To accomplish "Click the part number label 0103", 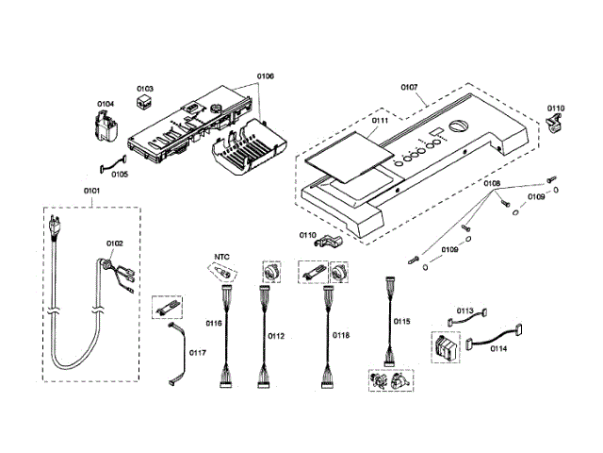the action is tap(145, 89).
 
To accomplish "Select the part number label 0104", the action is tap(106, 104).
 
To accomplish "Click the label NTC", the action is tap(221, 257).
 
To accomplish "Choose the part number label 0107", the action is tap(409, 88).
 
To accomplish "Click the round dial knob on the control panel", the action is tap(458, 126).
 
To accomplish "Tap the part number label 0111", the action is tap(380, 121).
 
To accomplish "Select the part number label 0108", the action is tap(492, 183).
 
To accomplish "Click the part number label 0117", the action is tap(197, 352).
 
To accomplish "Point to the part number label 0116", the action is tap(214, 323).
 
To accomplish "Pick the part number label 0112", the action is tap(276, 336).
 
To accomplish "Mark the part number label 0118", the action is tap(341, 336).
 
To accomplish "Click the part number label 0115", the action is tap(402, 321).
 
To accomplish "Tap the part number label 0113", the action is tap(464, 310).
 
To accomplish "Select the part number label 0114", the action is tap(498, 348).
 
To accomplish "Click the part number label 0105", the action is tap(120, 175).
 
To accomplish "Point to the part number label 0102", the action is tap(115, 243).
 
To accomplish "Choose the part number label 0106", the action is tap(266, 75).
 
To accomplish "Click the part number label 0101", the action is tap(91, 191).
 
